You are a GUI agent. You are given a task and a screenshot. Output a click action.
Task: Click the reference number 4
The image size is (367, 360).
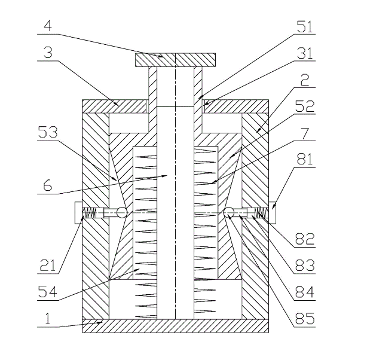[48, 26]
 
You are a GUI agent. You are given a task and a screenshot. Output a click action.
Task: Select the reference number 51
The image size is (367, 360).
[305, 26]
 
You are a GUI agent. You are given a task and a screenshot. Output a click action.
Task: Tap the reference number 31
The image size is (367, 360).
[305, 53]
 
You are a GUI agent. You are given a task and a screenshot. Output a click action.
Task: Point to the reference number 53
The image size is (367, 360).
[48, 132]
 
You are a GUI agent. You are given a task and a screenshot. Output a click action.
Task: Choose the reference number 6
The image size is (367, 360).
[48, 185]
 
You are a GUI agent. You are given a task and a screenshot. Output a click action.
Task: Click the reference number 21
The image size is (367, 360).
[48, 266]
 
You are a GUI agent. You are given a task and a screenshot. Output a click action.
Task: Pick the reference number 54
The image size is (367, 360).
[48, 292]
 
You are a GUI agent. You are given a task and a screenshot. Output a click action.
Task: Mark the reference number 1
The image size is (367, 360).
[48, 319]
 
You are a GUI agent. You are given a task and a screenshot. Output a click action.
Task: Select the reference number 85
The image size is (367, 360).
[305, 319]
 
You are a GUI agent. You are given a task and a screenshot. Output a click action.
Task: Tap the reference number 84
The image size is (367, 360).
[305, 292]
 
